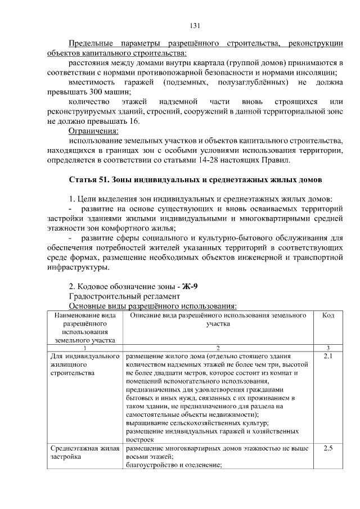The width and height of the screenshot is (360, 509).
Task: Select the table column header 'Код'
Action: [x=328, y=316]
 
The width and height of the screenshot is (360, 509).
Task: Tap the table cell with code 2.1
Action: [x=328, y=357]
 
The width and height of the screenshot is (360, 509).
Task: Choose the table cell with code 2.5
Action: [x=328, y=448]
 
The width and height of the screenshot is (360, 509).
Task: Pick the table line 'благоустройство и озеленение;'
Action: [x=171, y=465]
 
